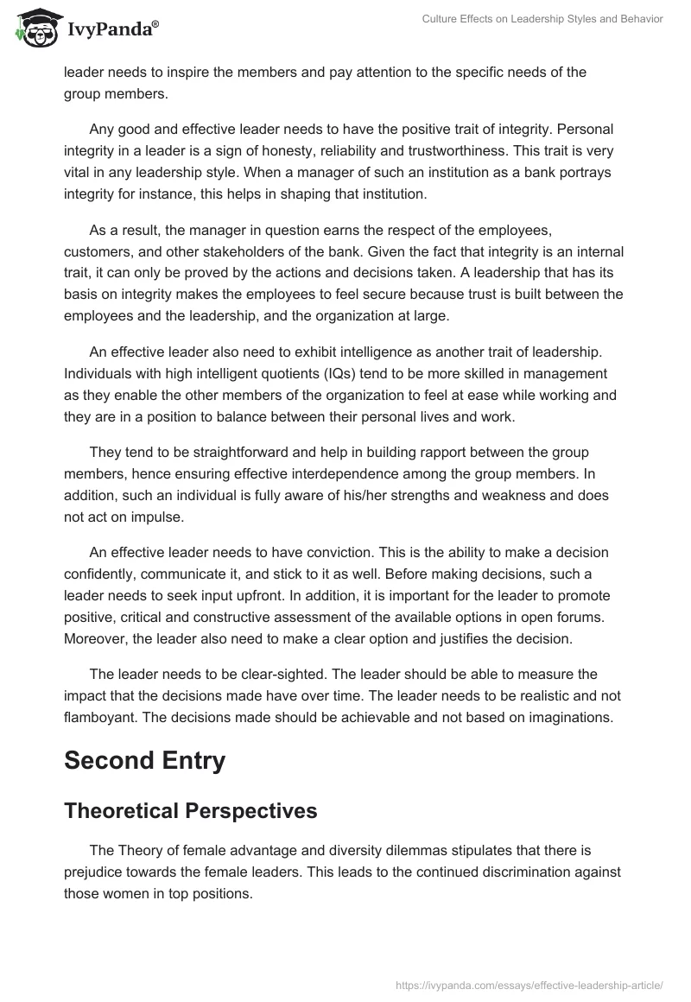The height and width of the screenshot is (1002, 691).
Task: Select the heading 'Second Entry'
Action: click(144, 760)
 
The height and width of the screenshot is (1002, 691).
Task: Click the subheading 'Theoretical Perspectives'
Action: click(190, 811)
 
